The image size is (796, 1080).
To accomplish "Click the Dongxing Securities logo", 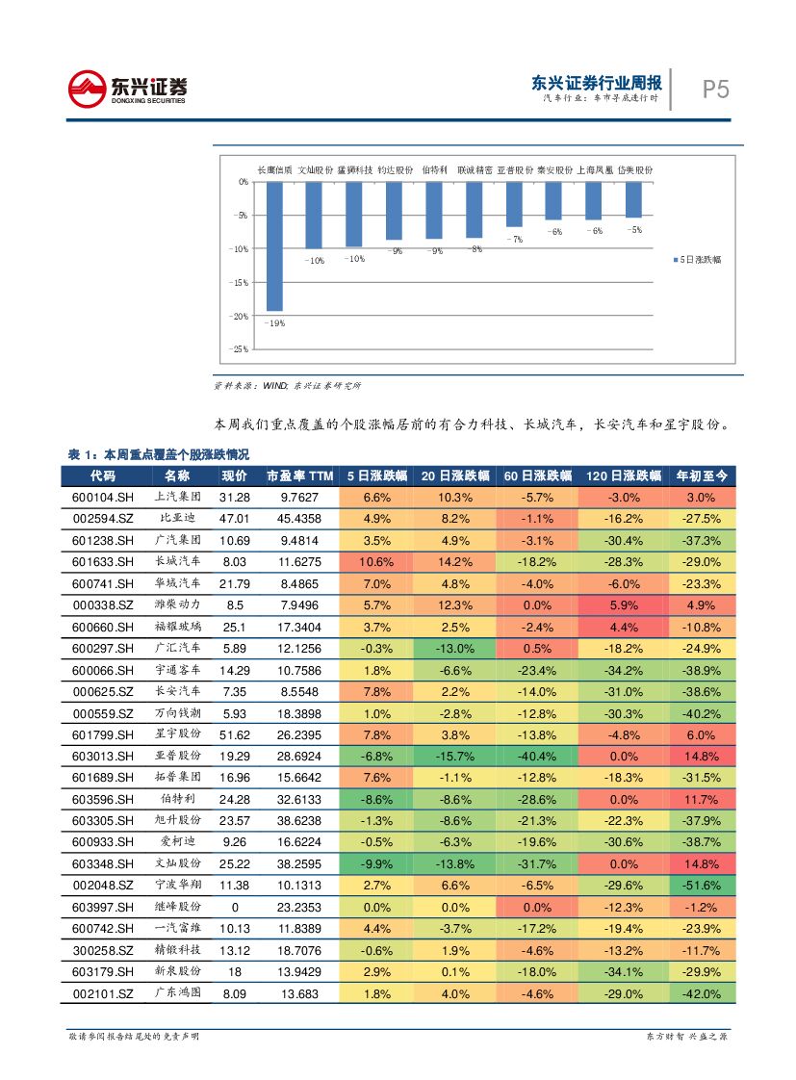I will (x=127, y=89).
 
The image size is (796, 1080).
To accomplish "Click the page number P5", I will (x=715, y=90).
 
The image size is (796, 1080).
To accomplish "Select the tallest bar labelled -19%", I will (x=274, y=245).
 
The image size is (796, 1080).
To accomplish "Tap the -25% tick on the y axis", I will (x=240, y=349).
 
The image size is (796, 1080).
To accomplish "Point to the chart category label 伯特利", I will (x=435, y=169).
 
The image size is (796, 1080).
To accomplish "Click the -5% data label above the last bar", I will (x=633, y=230).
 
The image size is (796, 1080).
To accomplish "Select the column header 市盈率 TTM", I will (x=299, y=476).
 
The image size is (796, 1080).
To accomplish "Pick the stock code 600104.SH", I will (x=103, y=497).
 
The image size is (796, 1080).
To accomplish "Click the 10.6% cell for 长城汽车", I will (x=376, y=562).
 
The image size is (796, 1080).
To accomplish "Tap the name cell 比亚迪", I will (x=178, y=519).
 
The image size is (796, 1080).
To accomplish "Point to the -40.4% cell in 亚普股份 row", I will (x=537, y=756).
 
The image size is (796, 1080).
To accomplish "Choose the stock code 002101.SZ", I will (x=103, y=992).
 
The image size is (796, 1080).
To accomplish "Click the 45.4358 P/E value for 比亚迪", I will (x=299, y=519).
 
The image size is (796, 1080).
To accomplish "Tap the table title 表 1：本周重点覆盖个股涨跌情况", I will (x=158, y=454).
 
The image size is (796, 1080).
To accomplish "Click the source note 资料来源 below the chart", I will (x=287, y=386).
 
